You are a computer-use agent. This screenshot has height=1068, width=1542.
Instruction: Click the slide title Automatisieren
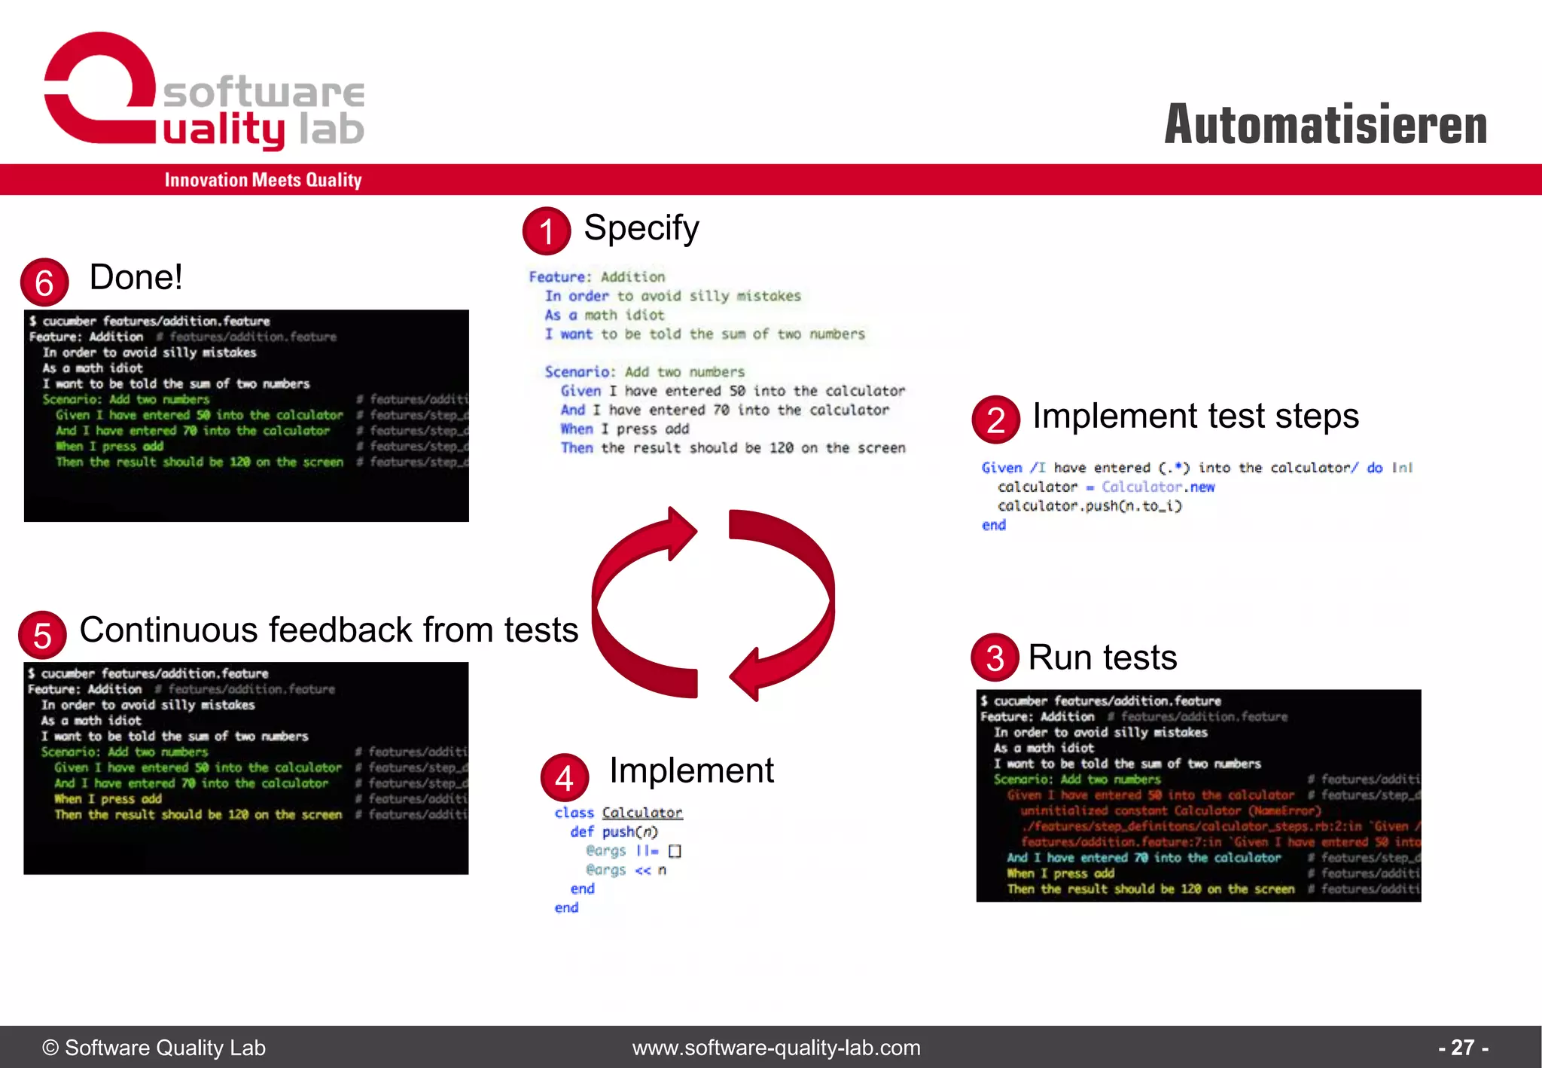click(1325, 124)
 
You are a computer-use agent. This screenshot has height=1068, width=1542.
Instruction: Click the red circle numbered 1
click(547, 230)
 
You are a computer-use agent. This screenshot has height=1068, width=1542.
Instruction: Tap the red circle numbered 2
click(995, 419)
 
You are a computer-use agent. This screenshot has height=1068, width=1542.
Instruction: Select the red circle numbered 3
click(995, 658)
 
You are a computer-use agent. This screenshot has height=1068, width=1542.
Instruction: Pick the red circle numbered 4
click(564, 777)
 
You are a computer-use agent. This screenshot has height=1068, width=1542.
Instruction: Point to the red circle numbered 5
click(42, 635)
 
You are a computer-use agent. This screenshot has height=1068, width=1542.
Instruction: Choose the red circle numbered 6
click(44, 282)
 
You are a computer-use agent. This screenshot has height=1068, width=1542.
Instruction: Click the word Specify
click(641, 227)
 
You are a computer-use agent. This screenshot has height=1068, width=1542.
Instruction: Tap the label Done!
click(136, 277)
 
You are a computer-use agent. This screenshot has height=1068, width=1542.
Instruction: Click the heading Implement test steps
click(1195, 416)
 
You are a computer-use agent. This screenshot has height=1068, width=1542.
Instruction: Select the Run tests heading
click(1102, 658)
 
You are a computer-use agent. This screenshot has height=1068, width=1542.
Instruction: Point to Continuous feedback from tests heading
click(328, 630)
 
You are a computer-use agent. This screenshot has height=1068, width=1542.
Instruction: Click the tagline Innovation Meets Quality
click(263, 180)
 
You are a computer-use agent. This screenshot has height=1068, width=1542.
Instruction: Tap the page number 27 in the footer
click(1462, 1047)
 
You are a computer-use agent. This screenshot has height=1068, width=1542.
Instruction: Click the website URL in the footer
click(776, 1047)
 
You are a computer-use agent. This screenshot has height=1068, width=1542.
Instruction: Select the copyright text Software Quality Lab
click(154, 1047)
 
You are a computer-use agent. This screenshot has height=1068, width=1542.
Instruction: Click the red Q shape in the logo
click(98, 87)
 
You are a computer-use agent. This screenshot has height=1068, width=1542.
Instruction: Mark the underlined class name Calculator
click(642, 813)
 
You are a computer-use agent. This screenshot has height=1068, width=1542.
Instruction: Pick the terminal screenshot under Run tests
click(1198, 795)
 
